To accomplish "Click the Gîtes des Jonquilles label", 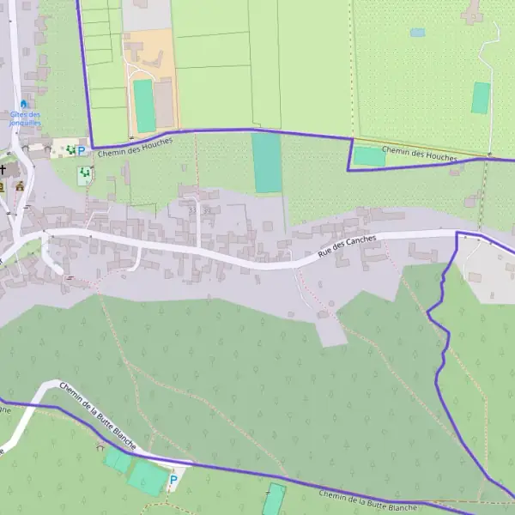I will (25, 118).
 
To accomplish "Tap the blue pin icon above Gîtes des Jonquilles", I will (24, 104).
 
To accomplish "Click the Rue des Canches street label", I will (347, 246).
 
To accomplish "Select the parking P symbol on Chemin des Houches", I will (82, 151).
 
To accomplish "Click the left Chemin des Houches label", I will (135, 147).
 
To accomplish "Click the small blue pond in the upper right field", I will (417, 33).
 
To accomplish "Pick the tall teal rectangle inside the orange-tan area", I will (144, 106).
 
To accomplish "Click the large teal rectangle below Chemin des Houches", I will (267, 162).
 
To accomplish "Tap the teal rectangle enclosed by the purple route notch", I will (369, 156).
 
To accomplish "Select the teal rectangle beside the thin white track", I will (481, 98).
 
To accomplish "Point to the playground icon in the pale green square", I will (85, 175).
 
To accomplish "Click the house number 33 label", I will (192, 209).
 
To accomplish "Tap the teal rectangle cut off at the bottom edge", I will (274, 500).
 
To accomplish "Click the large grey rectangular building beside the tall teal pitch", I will (164, 102).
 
